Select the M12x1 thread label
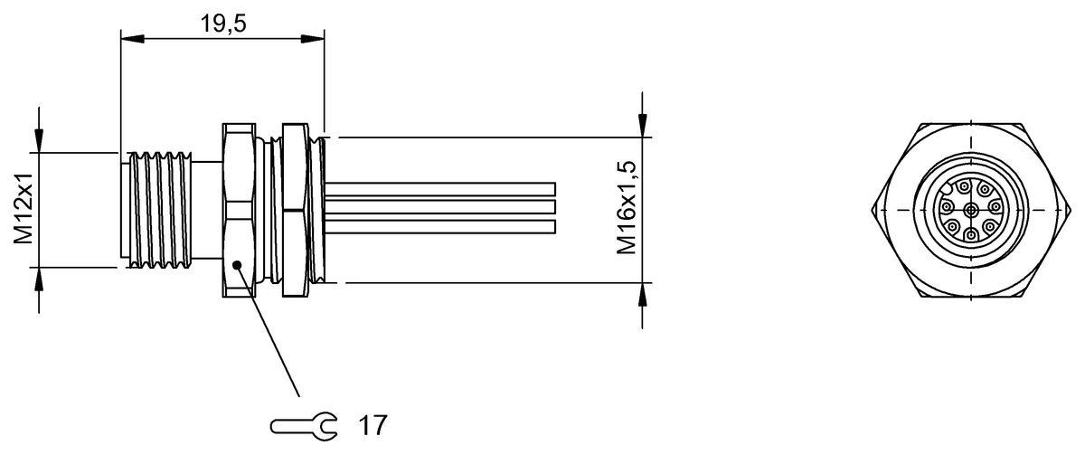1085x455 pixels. (x=23, y=211)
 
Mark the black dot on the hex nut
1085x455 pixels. (x=237, y=265)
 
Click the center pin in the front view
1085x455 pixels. (x=971, y=211)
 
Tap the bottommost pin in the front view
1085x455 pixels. (x=971, y=235)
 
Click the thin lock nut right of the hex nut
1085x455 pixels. (x=295, y=210)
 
